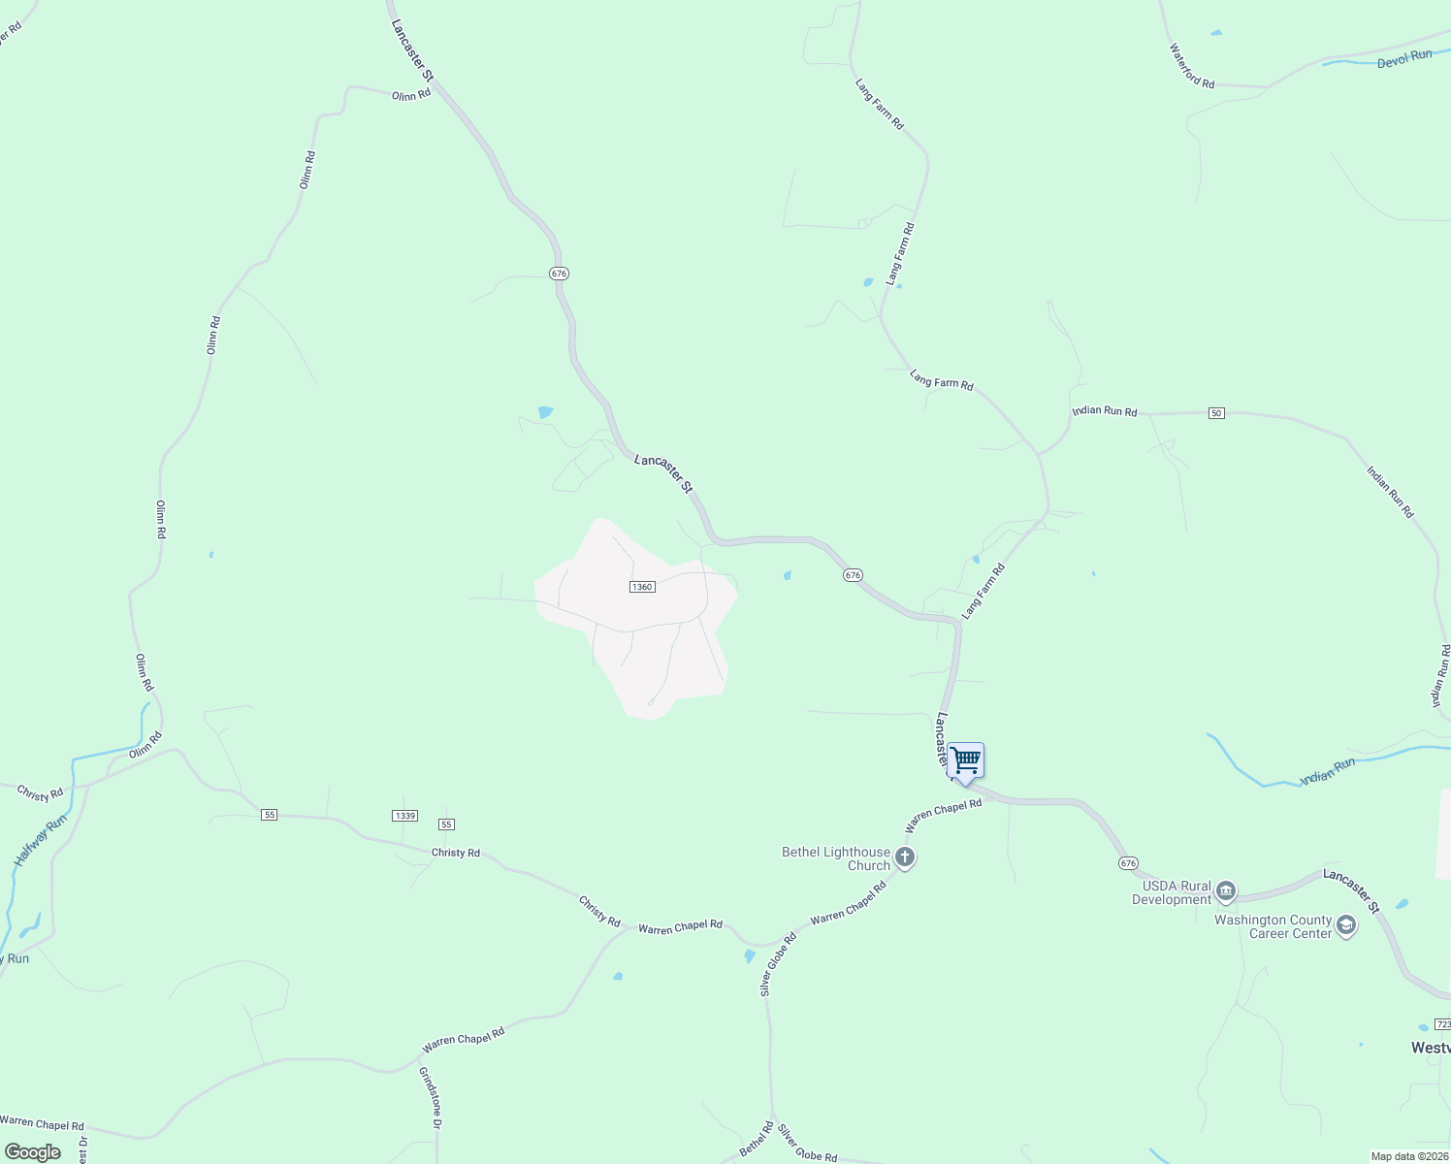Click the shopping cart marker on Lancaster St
[x=965, y=761]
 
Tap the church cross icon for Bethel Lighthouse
[x=905, y=857]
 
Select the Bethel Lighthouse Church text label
[x=836, y=858]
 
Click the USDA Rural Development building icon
[x=1226, y=890]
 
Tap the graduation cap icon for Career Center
[x=1345, y=925]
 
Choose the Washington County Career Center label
[x=1274, y=926]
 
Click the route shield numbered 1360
[x=642, y=587]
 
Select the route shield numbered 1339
[x=405, y=816]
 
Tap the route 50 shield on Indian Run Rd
[x=1216, y=413]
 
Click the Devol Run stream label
[x=1403, y=58]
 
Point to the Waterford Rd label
[x=1192, y=66]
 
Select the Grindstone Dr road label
[x=430, y=1097]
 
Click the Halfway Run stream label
[x=41, y=840]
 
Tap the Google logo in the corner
[x=33, y=1152]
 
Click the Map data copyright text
[x=1409, y=1156]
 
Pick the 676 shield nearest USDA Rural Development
[x=1127, y=863]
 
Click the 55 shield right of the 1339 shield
[x=446, y=824]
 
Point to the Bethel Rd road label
[x=757, y=1139]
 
